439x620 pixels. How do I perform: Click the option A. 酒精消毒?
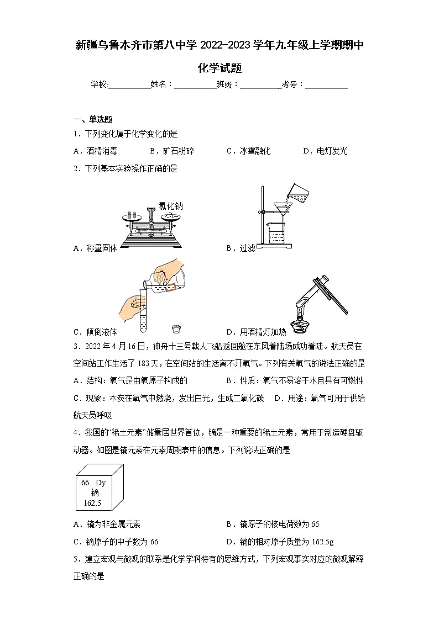click(95, 151)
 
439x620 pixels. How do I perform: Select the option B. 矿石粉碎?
click(171, 151)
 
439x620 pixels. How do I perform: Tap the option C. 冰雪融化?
click(248, 151)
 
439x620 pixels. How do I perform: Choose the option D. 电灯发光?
click(325, 151)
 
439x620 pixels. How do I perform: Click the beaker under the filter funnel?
click(276, 235)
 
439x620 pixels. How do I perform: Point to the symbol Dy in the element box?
click(100, 483)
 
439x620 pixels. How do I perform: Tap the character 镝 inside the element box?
click(95, 492)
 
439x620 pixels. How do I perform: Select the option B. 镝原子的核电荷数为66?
click(273, 524)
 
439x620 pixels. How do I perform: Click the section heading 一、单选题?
click(93, 119)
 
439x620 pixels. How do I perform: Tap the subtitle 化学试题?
click(219, 68)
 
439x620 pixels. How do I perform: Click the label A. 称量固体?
click(95, 248)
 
